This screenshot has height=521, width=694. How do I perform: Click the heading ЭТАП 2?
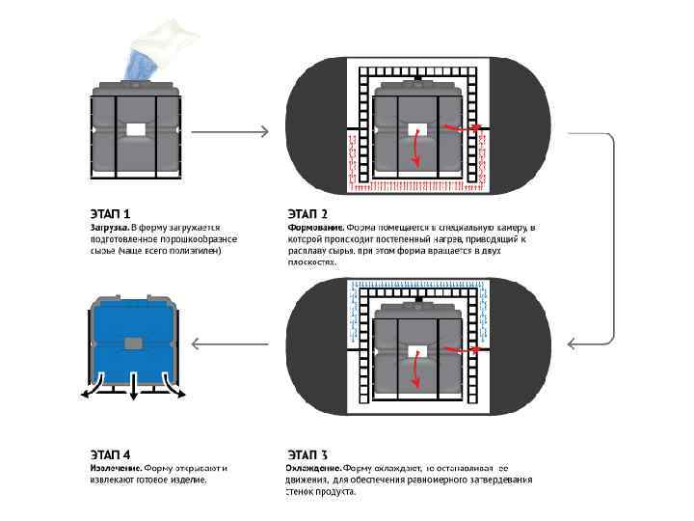307,213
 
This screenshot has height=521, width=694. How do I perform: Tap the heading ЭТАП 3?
307,453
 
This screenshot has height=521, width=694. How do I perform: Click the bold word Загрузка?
99,226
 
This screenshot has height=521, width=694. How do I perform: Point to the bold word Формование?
313,226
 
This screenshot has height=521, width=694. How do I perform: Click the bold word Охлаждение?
312,467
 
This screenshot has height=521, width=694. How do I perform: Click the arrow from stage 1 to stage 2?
236,131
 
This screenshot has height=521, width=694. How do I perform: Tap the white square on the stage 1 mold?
135,129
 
